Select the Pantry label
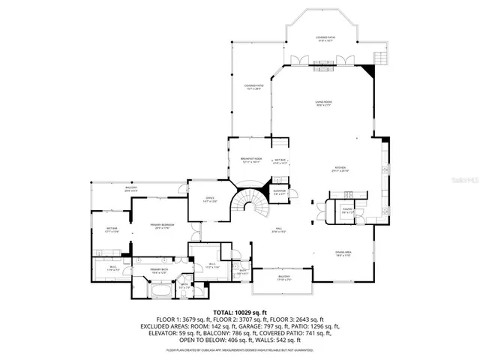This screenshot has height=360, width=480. [347, 211]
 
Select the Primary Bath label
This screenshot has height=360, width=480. [157, 271]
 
